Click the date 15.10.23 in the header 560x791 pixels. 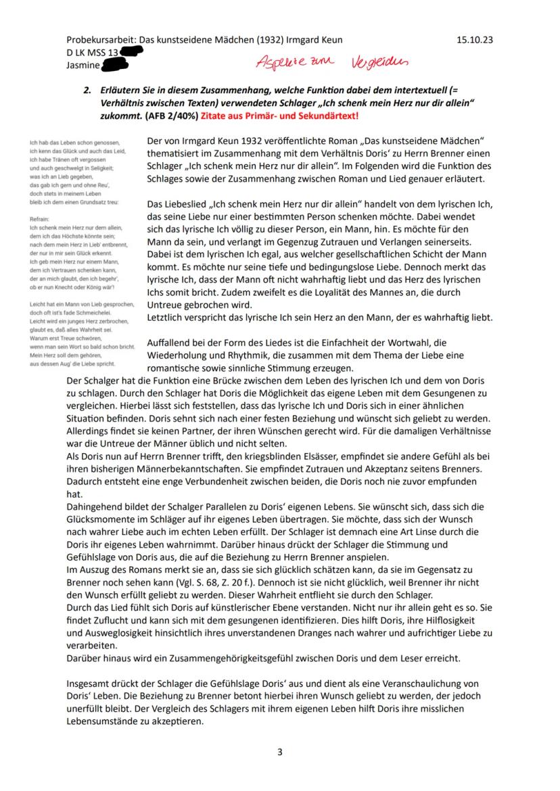click(x=475, y=40)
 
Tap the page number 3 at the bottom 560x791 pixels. click(x=279, y=752)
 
